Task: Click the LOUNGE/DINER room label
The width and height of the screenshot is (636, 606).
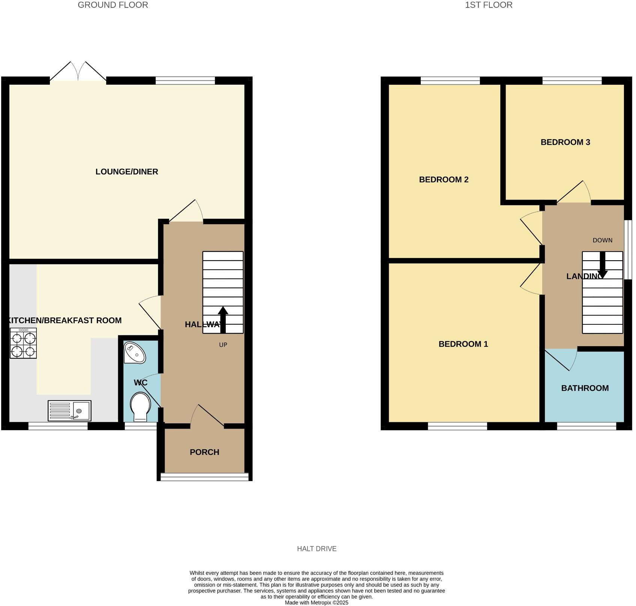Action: coord(127,172)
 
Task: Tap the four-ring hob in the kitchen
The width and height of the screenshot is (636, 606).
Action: coord(23,343)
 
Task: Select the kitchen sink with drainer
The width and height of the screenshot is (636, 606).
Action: coord(69,410)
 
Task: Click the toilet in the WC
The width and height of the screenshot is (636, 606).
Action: coord(140,406)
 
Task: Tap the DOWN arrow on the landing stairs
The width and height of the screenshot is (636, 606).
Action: coord(603,265)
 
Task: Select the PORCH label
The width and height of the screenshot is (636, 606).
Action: coord(204,452)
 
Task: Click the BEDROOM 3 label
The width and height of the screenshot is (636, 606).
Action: coord(565,142)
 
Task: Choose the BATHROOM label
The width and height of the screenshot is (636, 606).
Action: coord(585,388)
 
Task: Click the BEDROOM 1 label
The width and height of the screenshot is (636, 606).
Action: coord(463,344)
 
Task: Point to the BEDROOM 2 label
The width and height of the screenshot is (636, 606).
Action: coord(444,180)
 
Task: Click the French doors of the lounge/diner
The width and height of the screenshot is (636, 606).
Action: coord(78,72)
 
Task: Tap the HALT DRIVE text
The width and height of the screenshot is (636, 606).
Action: coord(316,549)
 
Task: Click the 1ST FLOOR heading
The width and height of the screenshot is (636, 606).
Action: coord(488,5)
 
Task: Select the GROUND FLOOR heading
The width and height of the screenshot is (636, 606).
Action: coord(113,5)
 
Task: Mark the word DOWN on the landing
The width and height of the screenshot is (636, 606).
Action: coord(602,240)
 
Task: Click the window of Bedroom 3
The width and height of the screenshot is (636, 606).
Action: coord(572,80)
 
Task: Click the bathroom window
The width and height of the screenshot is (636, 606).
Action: coord(586,426)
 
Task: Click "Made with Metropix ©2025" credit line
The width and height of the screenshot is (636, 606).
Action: coord(316,603)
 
